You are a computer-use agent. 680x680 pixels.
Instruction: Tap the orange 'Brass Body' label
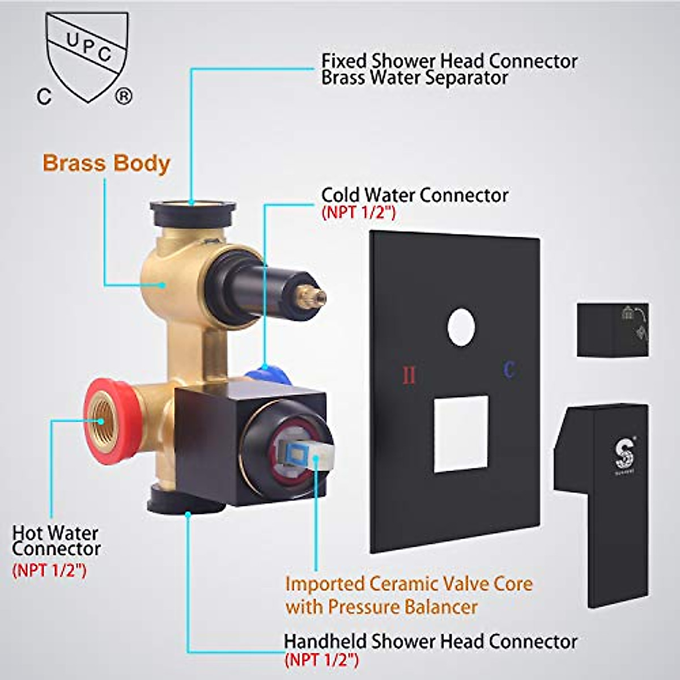click(x=107, y=163)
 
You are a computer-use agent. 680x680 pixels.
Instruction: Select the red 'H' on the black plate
click(x=409, y=375)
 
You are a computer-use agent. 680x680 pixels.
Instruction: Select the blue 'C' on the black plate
click(x=509, y=370)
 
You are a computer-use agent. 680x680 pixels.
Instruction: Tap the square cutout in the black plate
click(x=461, y=434)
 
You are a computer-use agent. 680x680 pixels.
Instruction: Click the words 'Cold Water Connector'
click(x=415, y=195)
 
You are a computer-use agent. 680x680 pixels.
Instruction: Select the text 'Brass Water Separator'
click(x=415, y=78)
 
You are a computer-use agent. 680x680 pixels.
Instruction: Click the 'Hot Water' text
click(x=56, y=533)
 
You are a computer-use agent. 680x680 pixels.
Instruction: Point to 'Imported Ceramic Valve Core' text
click(x=409, y=584)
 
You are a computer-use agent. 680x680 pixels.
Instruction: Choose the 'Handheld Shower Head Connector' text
click(x=431, y=641)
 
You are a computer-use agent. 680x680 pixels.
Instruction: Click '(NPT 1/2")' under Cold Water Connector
click(x=358, y=213)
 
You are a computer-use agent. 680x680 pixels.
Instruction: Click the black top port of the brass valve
click(x=193, y=211)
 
